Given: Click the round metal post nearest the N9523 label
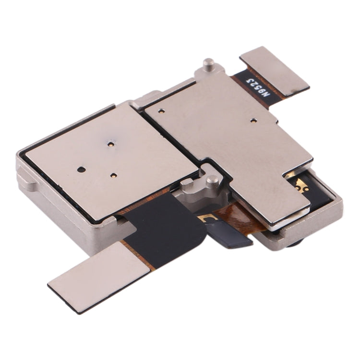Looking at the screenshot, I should click(x=208, y=63).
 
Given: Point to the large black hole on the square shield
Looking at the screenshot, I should click(x=80, y=169).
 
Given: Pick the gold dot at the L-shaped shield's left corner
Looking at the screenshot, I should click(x=161, y=111).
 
